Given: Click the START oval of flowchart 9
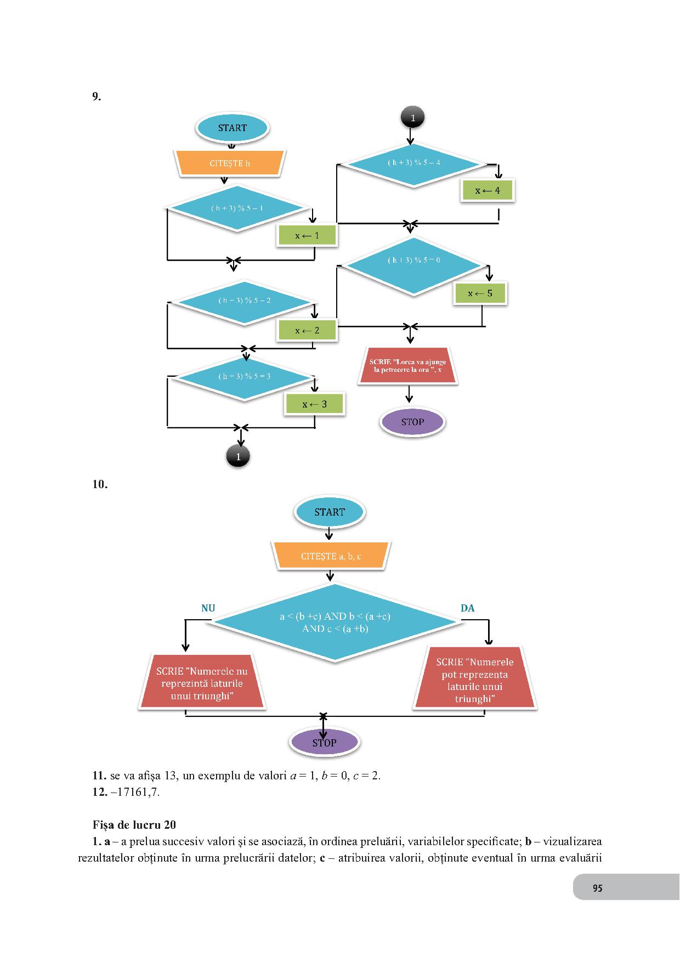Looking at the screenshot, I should (x=232, y=128).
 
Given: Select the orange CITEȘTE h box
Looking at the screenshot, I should (x=230, y=163).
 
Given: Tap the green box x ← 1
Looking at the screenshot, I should (x=307, y=236).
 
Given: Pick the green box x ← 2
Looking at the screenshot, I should (x=307, y=330).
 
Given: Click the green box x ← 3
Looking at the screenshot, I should (x=314, y=404).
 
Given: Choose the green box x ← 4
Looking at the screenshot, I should (x=487, y=190).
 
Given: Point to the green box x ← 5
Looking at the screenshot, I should (x=480, y=293).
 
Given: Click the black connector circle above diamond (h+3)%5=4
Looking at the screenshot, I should (x=412, y=117).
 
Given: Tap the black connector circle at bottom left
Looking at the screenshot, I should (x=238, y=456).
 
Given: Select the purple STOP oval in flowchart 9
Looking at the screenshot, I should (x=412, y=422).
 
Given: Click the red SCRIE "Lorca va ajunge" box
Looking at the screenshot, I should (x=408, y=366).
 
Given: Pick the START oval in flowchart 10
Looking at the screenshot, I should (x=329, y=512).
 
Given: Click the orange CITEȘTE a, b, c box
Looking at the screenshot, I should (x=331, y=556).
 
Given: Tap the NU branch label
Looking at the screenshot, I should (x=208, y=608).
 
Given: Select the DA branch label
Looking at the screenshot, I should (x=467, y=608).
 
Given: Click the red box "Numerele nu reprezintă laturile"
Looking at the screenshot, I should (x=202, y=683).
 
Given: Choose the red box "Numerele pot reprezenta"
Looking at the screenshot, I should (x=475, y=680).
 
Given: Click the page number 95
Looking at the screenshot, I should (x=598, y=889).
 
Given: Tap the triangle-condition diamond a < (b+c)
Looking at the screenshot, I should (x=335, y=623).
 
